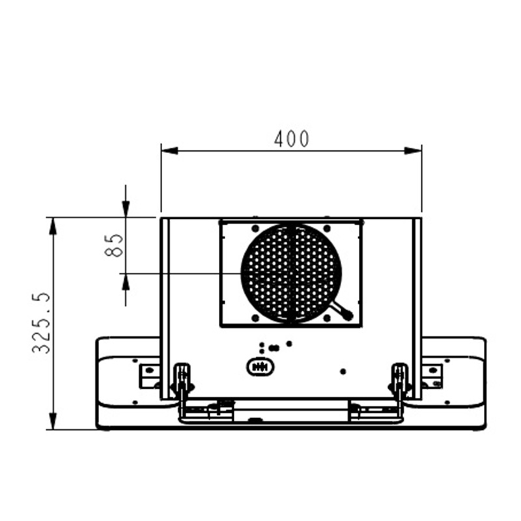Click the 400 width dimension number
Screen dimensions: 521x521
click(292, 139)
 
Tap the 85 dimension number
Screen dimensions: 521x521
click(113, 246)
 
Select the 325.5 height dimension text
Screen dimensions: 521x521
click(41, 323)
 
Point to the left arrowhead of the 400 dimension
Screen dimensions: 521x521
click(169, 151)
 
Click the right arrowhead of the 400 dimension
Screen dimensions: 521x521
click(413, 151)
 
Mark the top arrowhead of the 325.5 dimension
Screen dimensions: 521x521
click(53, 226)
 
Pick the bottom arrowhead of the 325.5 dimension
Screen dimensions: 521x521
click(53, 421)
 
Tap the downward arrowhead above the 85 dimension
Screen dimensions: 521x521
click(126, 209)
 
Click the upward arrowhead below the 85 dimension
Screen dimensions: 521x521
click(126, 282)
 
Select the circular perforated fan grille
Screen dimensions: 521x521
click(291, 273)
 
